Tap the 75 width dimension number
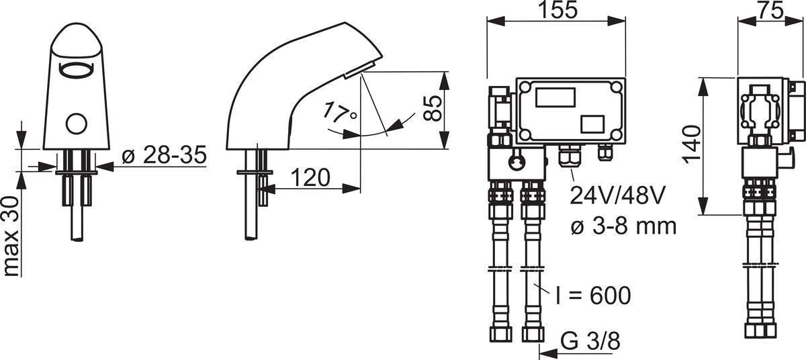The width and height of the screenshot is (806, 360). point(770,9)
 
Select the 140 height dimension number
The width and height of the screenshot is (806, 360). point(692,144)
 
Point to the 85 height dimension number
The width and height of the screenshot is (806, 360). point(432,109)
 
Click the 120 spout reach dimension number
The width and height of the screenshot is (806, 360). point(310,178)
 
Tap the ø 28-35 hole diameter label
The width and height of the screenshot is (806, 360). point(165,155)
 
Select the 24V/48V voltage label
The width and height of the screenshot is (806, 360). point(617,195)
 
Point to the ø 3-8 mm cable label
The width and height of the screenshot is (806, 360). point(623,226)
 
